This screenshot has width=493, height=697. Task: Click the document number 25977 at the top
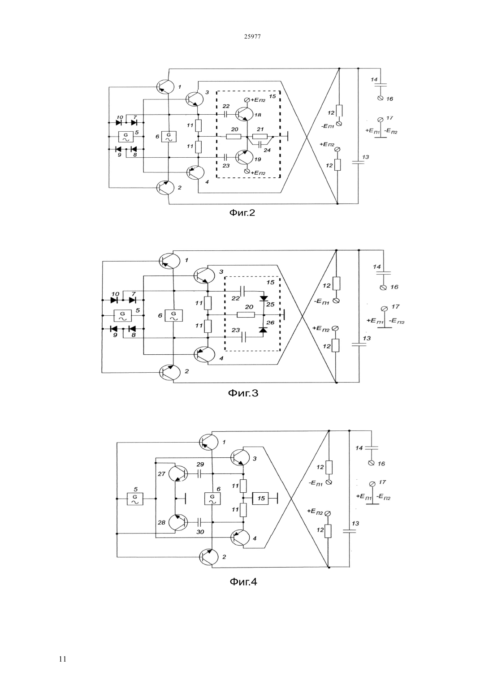pyautogui.click(x=252, y=37)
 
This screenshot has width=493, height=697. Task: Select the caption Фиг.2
pyautogui.click(x=242, y=213)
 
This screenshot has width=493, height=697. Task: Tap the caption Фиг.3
pyautogui.click(x=243, y=393)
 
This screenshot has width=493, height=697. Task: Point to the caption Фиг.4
pyautogui.click(x=243, y=582)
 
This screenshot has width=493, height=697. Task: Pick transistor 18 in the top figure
pyautogui.click(x=244, y=114)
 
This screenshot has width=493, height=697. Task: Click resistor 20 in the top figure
pyautogui.click(x=234, y=136)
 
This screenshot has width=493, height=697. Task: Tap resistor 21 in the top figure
pyautogui.click(x=260, y=136)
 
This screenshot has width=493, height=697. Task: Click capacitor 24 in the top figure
pyautogui.click(x=260, y=144)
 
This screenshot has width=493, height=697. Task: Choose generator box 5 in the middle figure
pyautogui.click(x=122, y=315)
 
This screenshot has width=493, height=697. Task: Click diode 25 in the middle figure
pyautogui.click(x=264, y=298)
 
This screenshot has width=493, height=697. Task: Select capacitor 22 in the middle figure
pyautogui.click(x=243, y=291)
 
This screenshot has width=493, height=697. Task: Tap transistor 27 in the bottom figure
pyautogui.click(x=178, y=474)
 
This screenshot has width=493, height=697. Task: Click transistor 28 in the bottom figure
pyautogui.click(x=178, y=522)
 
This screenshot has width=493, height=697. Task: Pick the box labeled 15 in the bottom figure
pyautogui.click(x=260, y=499)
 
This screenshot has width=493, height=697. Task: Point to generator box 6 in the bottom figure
pyautogui.click(x=212, y=499)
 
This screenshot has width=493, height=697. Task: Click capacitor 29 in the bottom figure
pyautogui.click(x=200, y=474)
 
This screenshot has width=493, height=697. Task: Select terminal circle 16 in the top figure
pyautogui.click(x=380, y=98)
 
